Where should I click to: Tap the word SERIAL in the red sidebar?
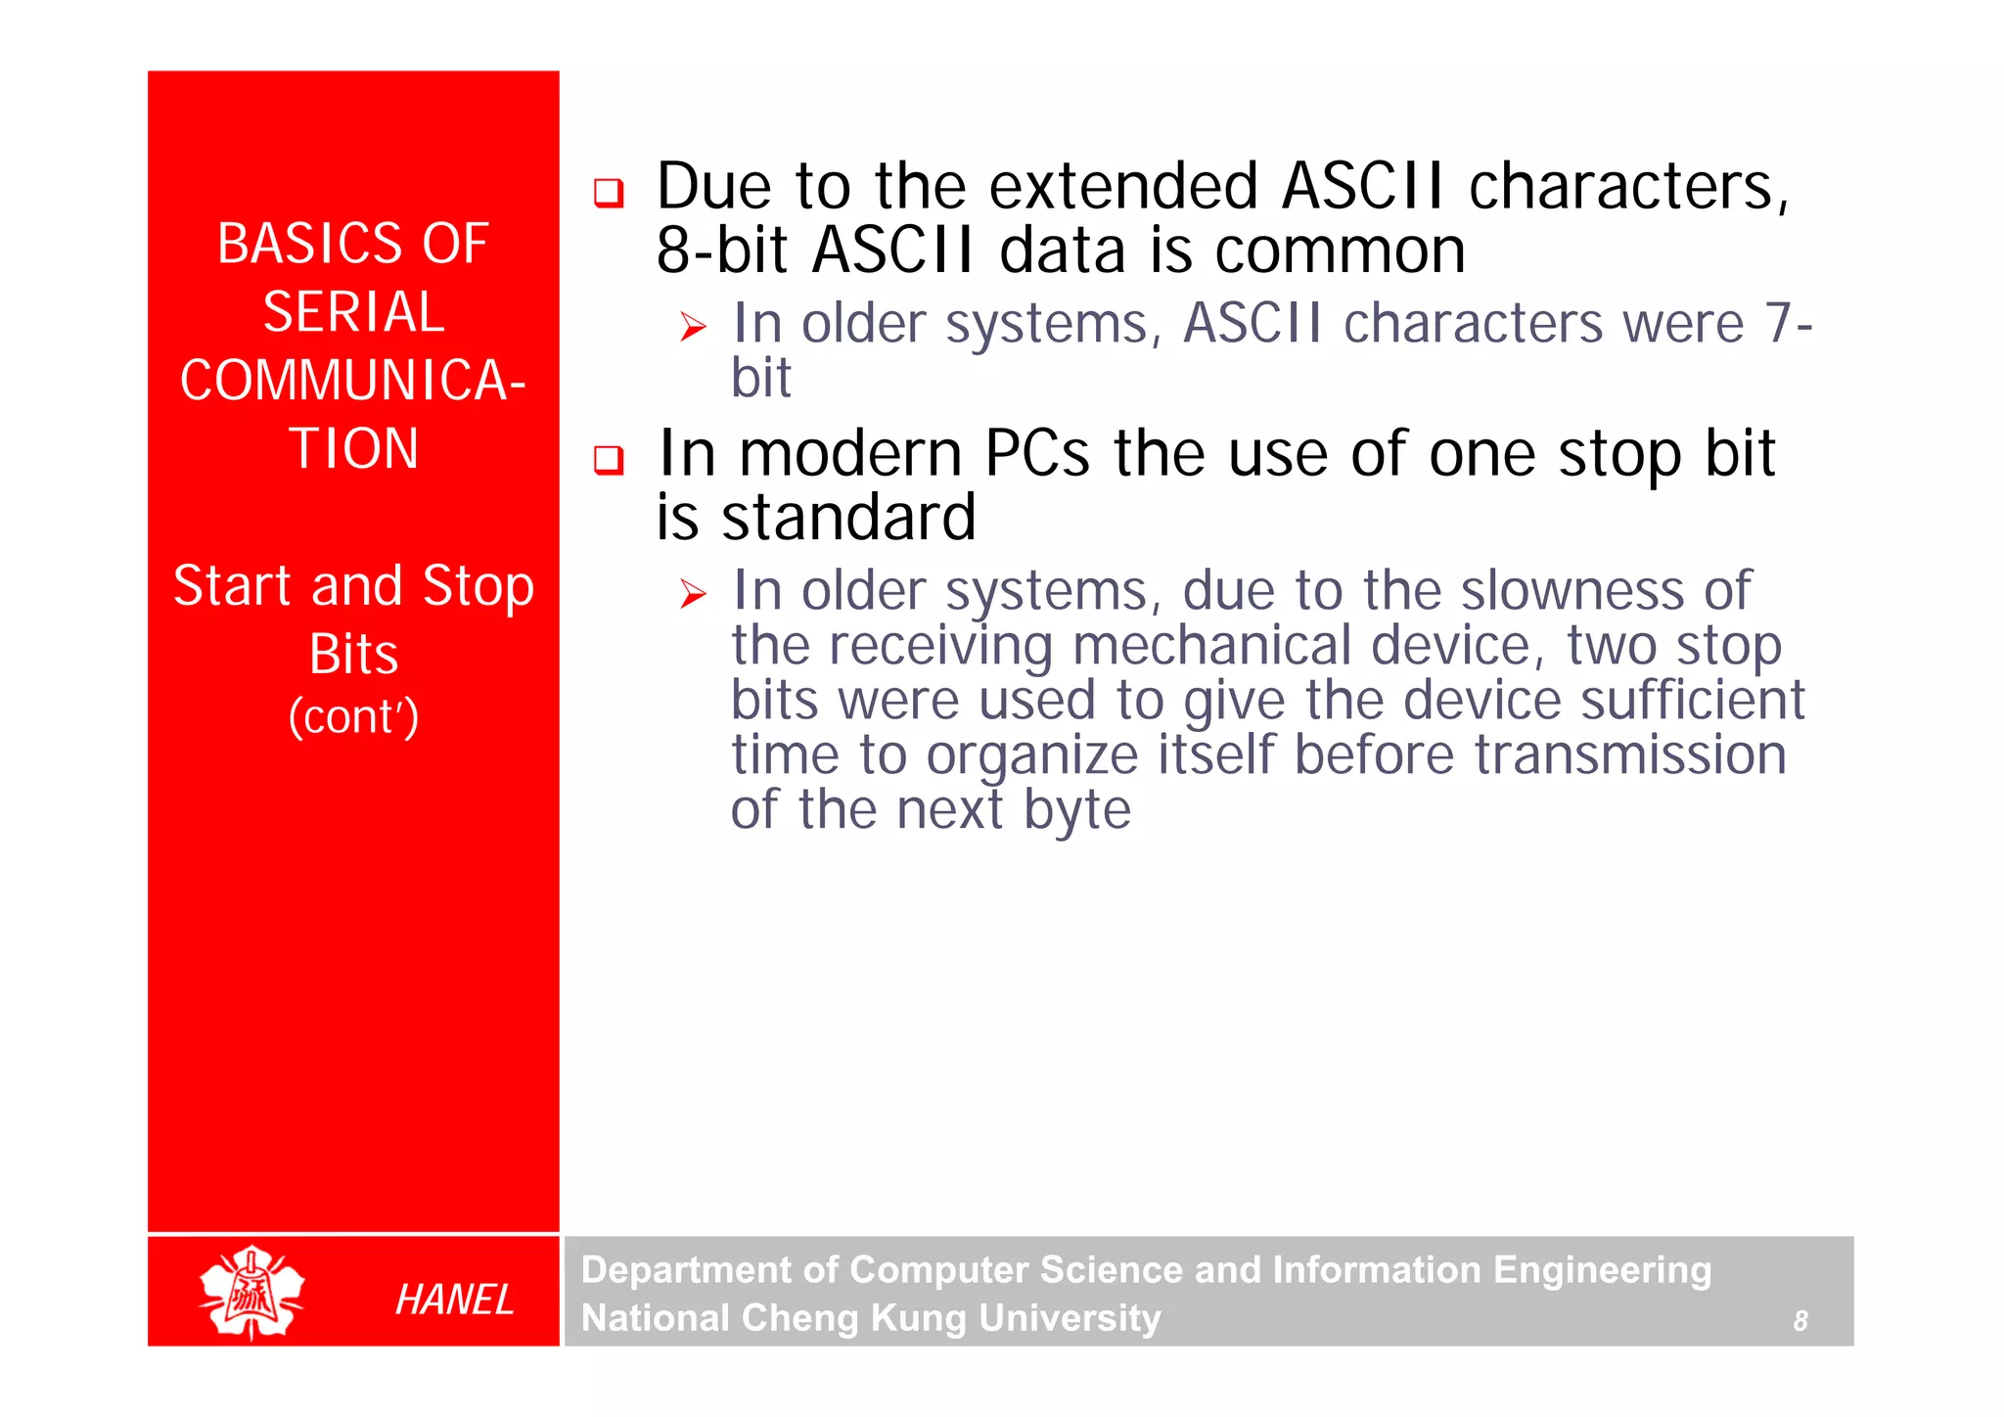[x=353, y=312]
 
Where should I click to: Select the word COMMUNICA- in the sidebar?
[x=353, y=381]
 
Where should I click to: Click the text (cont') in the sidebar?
[x=353, y=716]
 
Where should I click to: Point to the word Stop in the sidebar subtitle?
[x=478, y=586]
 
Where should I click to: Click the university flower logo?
[x=251, y=1292]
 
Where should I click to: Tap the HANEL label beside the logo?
[x=454, y=1300]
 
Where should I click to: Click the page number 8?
[x=1799, y=1321]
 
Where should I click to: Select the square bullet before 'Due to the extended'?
[x=609, y=193]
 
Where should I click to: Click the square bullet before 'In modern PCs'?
[x=609, y=459]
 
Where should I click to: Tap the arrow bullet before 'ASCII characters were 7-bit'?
[x=693, y=327]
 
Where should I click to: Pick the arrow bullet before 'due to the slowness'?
[x=693, y=594]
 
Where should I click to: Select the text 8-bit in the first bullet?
[x=722, y=250]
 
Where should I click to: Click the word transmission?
[x=1630, y=754]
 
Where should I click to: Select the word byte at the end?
[x=1076, y=810]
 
